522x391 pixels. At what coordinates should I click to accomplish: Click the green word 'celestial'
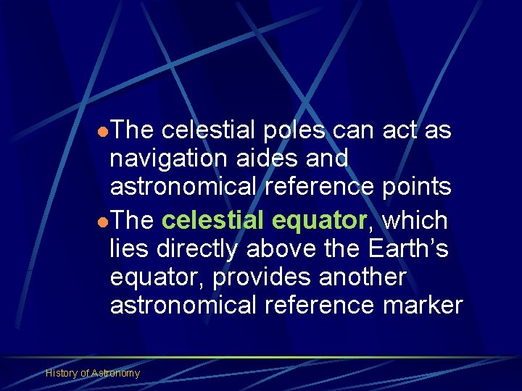click(x=215, y=219)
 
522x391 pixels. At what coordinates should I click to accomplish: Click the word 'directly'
click(x=194, y=248)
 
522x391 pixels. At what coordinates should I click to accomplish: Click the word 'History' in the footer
click(x=62, y=373)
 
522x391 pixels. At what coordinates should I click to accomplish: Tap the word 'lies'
click(x=128, y=248)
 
